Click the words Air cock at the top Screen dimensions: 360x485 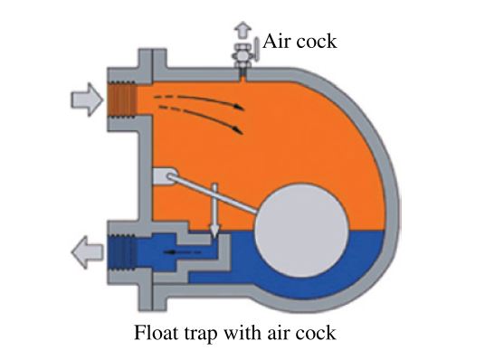(299, 41)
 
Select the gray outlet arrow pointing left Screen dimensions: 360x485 (85, 246)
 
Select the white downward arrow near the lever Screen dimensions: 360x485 (215, 213)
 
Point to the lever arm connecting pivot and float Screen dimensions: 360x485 (217, 194)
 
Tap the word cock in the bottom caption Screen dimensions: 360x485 (315, 333)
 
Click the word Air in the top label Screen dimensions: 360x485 (276, 41)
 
